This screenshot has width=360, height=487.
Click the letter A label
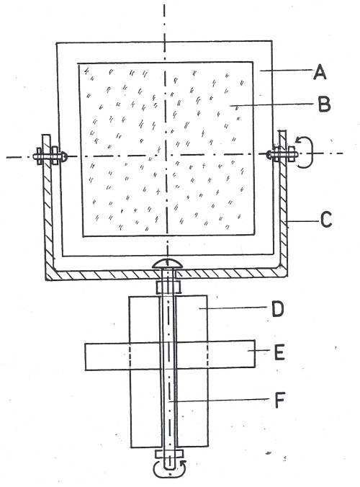click(x=320, y=72)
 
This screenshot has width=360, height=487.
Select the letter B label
click(x=324, y=104)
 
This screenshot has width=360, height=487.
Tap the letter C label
click(x=326, y=219)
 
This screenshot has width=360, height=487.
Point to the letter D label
click(x=277, y=309)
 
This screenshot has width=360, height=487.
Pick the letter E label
click(x=279, y=352)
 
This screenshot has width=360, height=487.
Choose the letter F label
click(x=279, y=400)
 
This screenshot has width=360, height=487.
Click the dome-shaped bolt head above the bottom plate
click(x=168, y=264)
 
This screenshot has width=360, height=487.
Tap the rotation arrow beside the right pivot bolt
click(x=305, y=152)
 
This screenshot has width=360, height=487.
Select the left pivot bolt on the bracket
click(x=50, y=156)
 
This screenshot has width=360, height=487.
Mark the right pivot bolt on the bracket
click(x=282, y=153)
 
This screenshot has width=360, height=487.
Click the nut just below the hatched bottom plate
click(x=168, y=287)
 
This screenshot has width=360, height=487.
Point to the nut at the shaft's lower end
click(x=169, y=454)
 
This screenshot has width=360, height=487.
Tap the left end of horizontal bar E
click(x=86, y=357)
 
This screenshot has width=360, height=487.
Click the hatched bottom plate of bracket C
click(x=166, y=274)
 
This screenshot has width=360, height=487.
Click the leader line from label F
click(x=219, y=401)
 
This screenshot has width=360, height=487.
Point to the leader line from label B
click(x=271, y=105)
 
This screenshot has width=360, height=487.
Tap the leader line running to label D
click(x=233, y=308)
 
